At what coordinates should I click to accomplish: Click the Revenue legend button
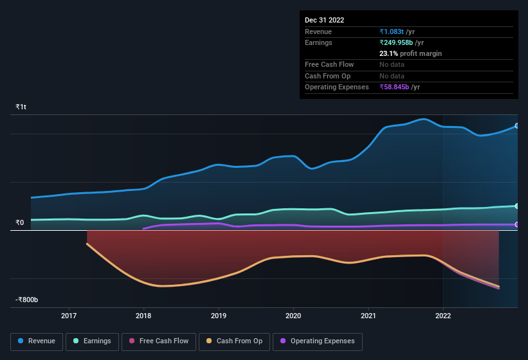tap(37, 341)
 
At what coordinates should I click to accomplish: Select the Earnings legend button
tap(91, 341)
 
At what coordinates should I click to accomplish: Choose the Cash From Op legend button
tap(234, 341)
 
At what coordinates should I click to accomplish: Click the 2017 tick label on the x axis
tap(69, 316)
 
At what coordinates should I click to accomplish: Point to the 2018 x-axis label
tap(143, 316)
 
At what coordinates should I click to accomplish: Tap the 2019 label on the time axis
tap(219, 316)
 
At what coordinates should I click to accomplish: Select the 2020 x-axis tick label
tap(293, 316)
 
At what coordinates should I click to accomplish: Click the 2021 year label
tap(369, 316)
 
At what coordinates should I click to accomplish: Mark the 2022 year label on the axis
tap(443, 316)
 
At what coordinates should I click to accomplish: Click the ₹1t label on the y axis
tap(21, 107)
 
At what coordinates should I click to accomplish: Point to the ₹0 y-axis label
tap(20, 223)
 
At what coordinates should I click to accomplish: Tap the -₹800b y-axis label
tap(27, 300)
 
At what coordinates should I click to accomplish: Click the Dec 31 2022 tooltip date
tap(325, 20)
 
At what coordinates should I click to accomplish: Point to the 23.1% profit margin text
tap(410, 53)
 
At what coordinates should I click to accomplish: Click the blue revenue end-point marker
tap(516, 125)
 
